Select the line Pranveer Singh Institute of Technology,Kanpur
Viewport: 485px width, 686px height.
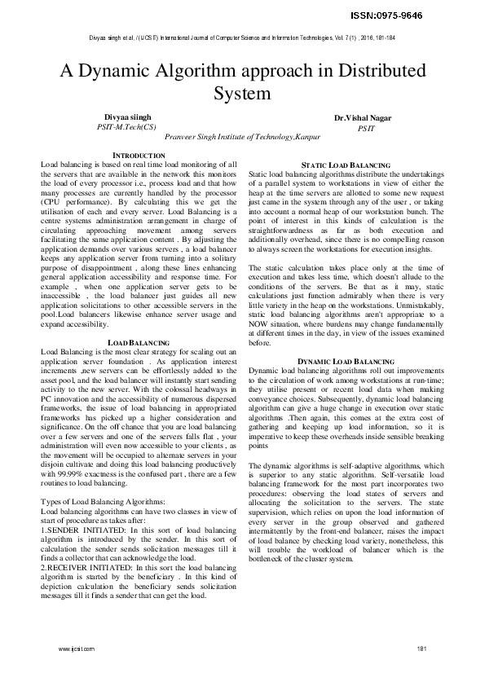242,139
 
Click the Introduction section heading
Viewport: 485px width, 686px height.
138,155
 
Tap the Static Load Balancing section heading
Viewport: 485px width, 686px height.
346,165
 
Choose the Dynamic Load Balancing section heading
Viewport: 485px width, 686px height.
346,360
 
